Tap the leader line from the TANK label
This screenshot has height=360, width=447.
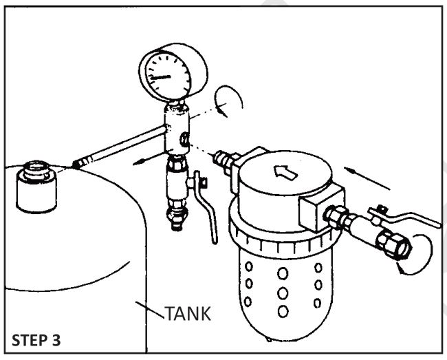pos(152,306)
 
